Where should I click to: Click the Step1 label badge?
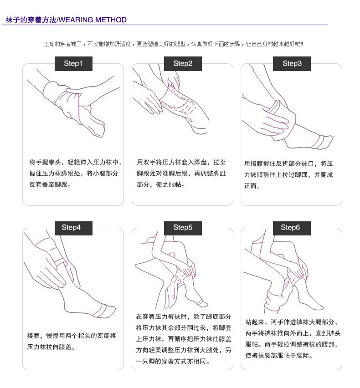pos(73,64)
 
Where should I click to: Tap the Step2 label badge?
pos(183,64)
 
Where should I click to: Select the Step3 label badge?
pos(292,64)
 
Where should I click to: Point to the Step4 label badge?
pos(73,228)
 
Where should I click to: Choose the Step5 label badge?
pos(183,228)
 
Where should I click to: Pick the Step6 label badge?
pos(292,228)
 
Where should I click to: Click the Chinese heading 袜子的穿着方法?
pos(30,20)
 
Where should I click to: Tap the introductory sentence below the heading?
pos(173,44)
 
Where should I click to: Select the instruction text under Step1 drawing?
pos(74,173)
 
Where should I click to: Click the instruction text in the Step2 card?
pos(182,173)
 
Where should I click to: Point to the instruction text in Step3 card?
pos(289,174)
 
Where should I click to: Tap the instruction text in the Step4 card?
pos(72,341)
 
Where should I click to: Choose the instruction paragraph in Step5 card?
pos(183,339)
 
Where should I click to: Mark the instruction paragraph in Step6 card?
pos(293,338)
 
